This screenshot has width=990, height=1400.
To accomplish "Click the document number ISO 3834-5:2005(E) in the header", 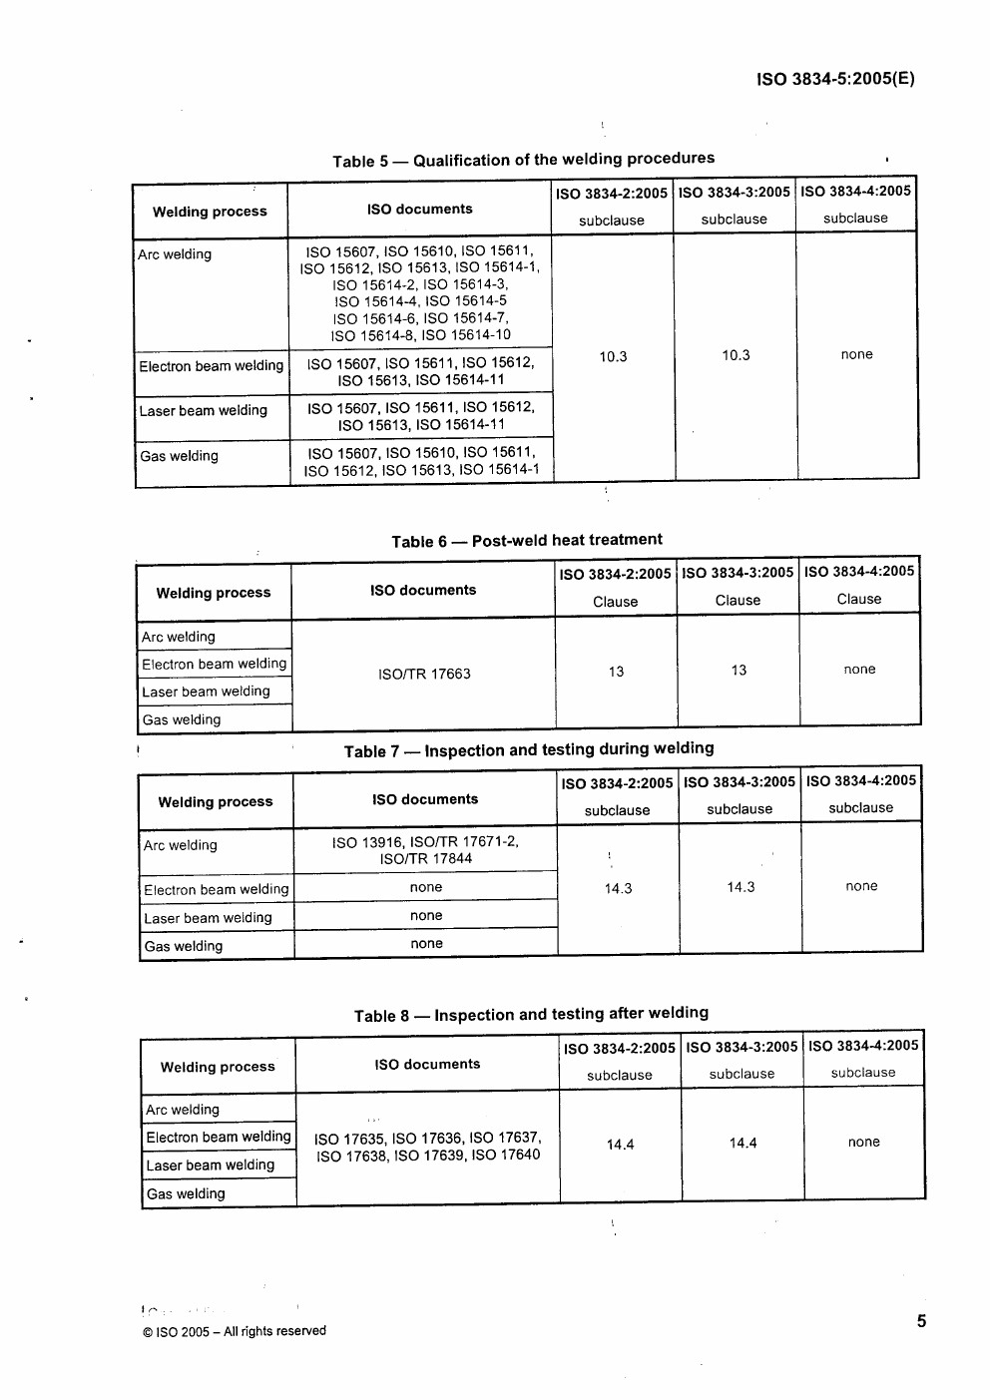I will click(x=835, y=80).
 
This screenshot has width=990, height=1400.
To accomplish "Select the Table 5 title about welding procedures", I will click(x=523, y=160).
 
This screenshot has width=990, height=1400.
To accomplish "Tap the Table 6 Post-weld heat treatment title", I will click(x=526, y=541).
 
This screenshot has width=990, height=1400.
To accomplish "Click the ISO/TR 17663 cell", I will click(x=424, y=674).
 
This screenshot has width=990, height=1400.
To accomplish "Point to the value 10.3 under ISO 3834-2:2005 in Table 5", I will click(x=613, y=356).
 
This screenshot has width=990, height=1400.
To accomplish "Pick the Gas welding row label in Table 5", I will click(x=179, y=456).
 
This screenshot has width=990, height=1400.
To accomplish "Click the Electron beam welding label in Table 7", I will click(x=216, y=889).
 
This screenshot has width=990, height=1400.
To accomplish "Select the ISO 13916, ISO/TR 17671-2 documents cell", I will click(x=425, y=850).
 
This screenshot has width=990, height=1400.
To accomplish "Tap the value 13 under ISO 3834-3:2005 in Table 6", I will click(x=739, y=671).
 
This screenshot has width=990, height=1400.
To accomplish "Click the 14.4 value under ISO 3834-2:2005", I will click(x=620, y=1145).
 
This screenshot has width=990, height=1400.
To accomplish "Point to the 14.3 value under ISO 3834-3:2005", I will click(x=741, y=887).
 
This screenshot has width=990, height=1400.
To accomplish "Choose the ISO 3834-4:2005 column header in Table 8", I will click(x=863, y=1046).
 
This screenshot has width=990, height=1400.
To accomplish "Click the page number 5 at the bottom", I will click(x=921, y=1321).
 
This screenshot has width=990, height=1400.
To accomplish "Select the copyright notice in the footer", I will click(x=235, y=1331).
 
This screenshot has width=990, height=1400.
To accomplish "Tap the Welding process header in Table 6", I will click(x=214, y=593).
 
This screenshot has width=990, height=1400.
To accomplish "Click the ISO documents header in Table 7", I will click(x=425, y=799).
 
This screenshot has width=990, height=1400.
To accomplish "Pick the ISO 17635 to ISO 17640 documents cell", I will click(x=427, y=1147).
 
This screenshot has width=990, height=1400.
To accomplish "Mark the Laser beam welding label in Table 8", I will click(x=210, y=1165).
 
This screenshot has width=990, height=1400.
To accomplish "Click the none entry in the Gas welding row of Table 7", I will click(x=426, y=943).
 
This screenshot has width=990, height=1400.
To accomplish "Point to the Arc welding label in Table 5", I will click(x=175, y=254).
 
